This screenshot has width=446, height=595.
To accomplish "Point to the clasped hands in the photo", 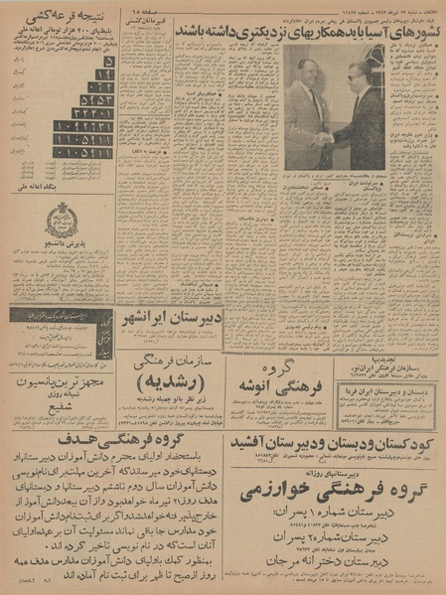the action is pyautogui.click(x=324, y=138).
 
